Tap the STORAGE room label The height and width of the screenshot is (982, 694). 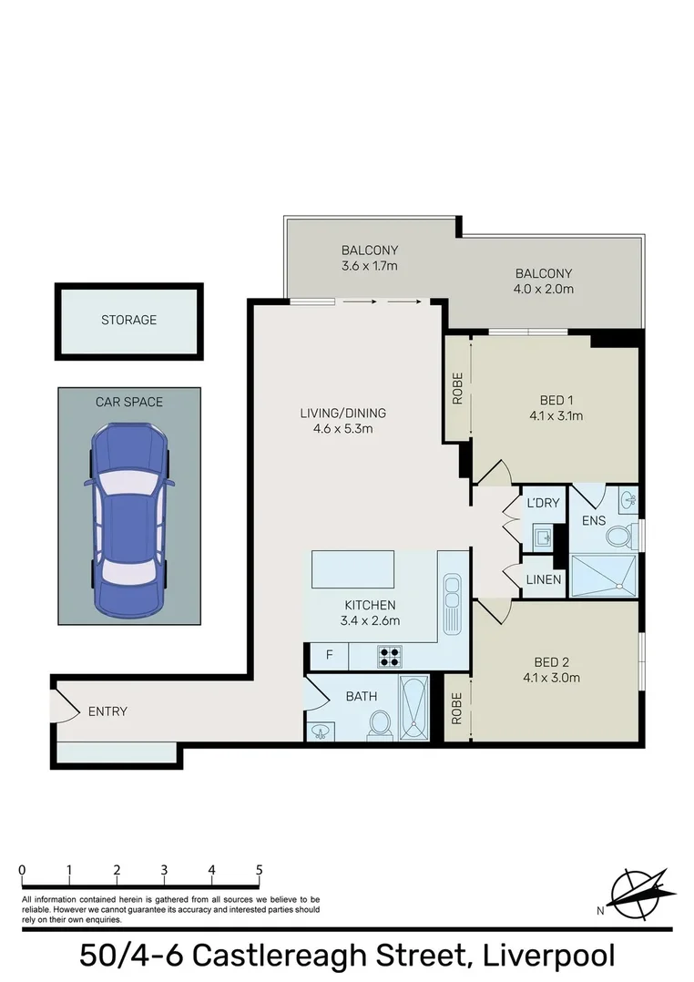point(128,320)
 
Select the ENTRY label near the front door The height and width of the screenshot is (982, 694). point(107,711)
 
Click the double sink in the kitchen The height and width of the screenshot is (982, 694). point(451,606)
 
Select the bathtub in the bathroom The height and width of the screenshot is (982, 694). point(414,710)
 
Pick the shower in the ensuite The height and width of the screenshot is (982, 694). point(603,574)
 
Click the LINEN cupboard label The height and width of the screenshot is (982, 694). point(543,580)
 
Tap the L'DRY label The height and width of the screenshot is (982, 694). point(542,503)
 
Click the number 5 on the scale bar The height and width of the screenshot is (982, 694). point(260,870)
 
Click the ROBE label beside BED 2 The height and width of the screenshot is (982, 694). point(456,709)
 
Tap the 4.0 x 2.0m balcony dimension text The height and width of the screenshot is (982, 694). point(544,290)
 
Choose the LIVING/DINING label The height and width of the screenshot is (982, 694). point(337,413)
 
